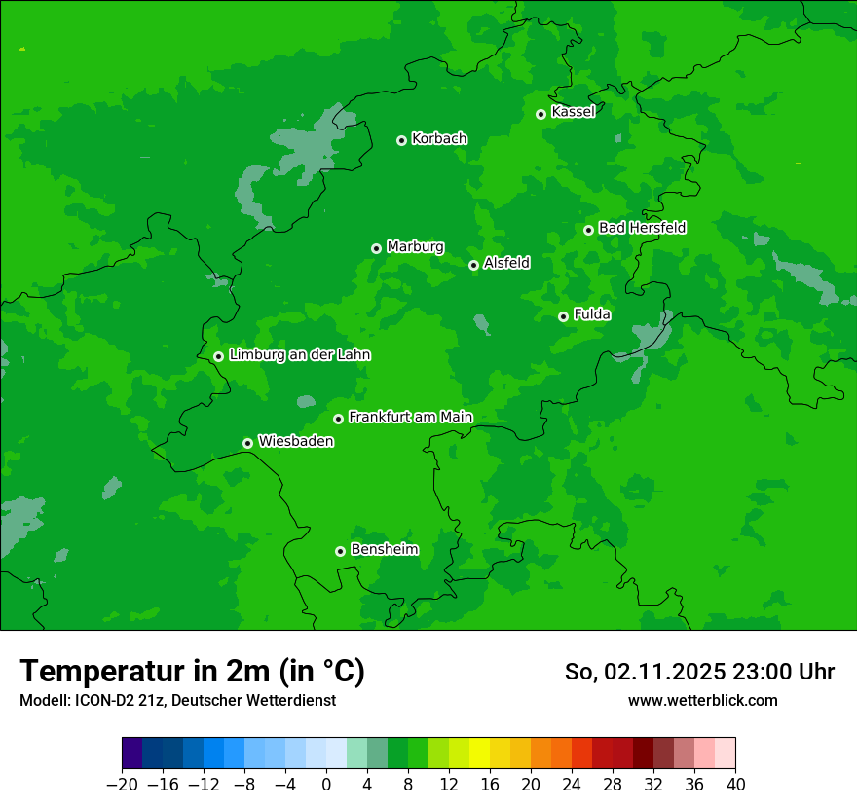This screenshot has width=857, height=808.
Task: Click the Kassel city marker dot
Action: coord(540,114)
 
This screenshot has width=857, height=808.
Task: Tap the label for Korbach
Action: coord(439,139)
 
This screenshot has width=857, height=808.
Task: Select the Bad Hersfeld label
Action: coord(642,228)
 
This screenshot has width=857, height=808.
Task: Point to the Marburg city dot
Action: coord(376,248)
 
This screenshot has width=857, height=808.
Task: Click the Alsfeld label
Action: coord(506,263)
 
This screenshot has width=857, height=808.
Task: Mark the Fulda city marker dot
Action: coord(563,316)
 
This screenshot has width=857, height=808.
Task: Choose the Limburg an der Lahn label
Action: coord(299,355)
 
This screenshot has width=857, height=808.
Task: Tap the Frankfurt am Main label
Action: coord(410,418)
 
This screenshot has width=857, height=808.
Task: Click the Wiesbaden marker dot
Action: coord(248,443)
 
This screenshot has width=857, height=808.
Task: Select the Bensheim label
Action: coord(384,550)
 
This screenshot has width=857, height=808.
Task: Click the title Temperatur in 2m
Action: coord(192,672)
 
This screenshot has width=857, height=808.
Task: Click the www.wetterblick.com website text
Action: coord(702,700)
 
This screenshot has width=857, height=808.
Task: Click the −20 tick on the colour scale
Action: coord(122,785)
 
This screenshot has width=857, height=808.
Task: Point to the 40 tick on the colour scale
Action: coord(735,785)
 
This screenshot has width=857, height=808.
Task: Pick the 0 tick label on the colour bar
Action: coord(326,785)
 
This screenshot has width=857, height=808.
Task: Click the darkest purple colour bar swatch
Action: coord(132,753)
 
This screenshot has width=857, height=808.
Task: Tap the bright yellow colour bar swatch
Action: coord(479,753)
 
